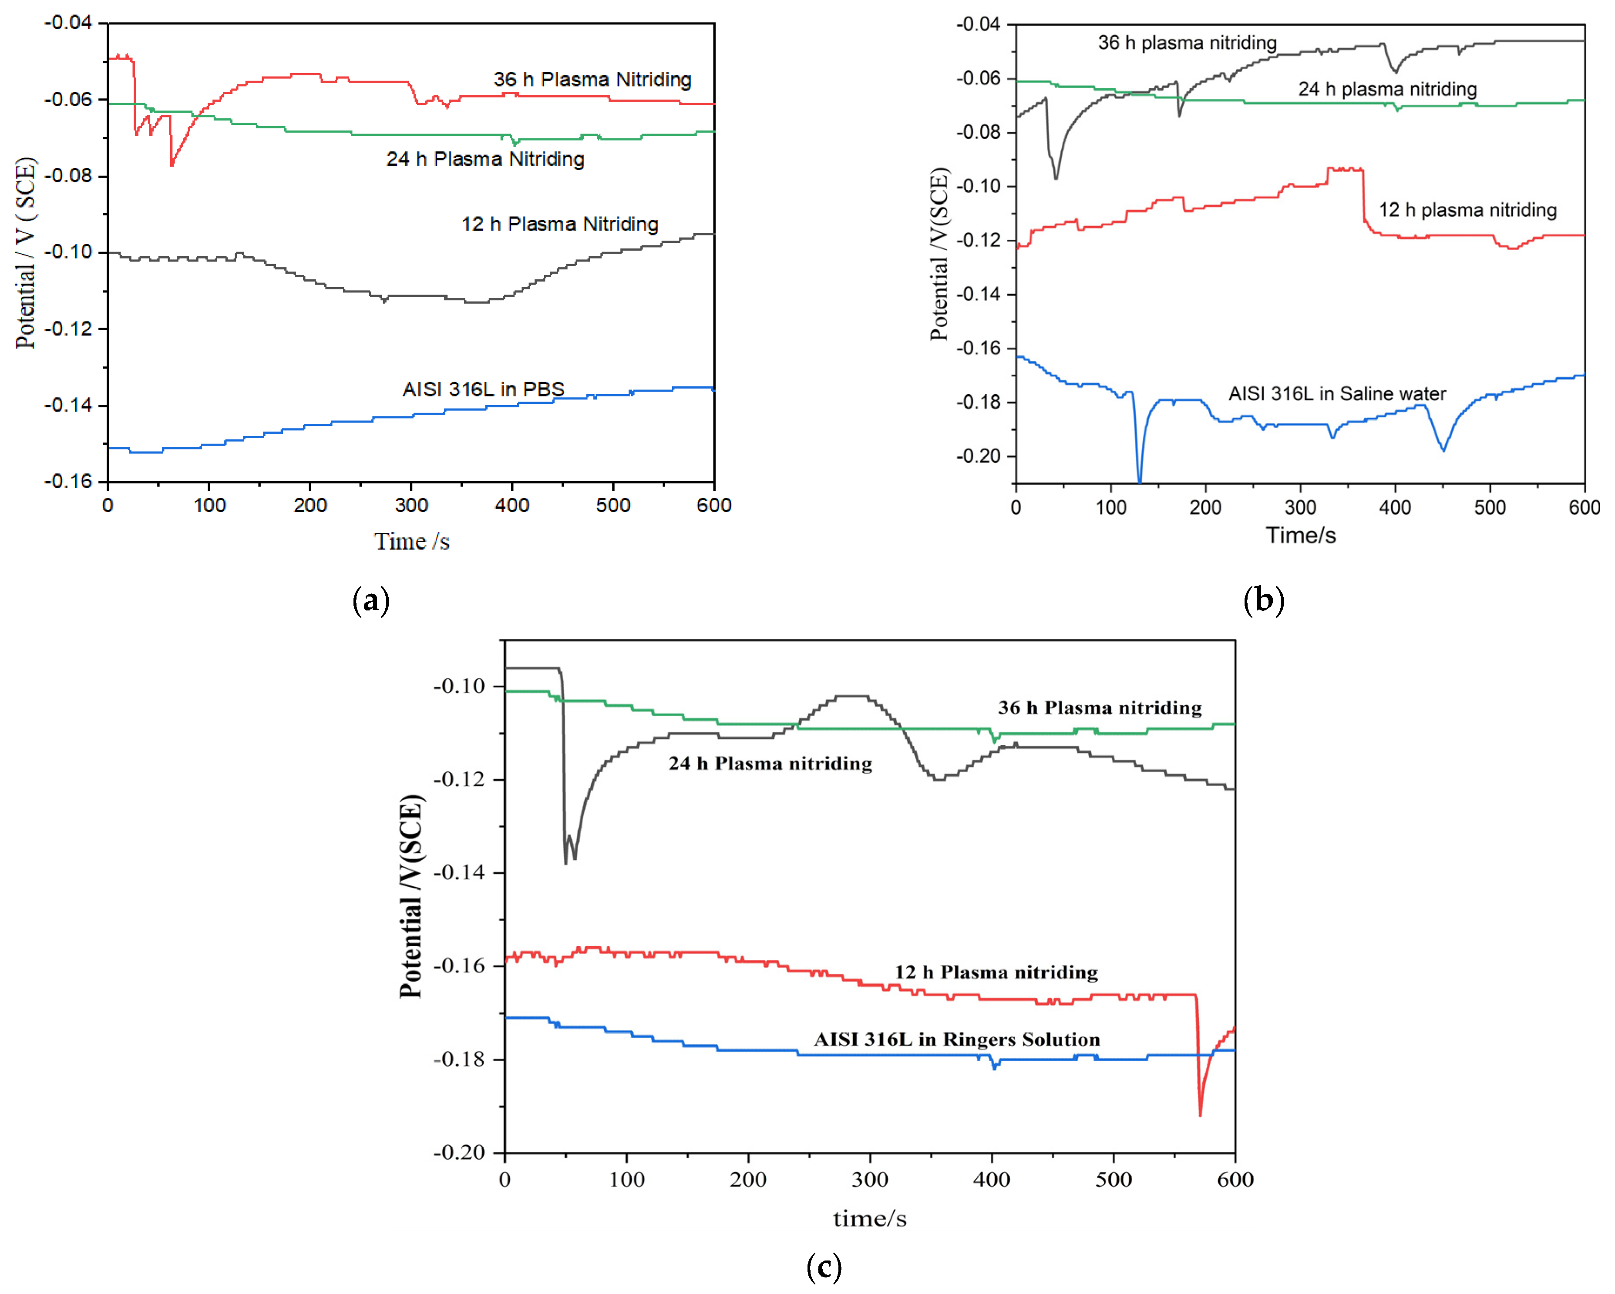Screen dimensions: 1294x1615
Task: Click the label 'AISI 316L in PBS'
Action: (x=483, y=389)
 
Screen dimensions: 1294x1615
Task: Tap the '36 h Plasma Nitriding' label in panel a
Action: (x=592, y=79)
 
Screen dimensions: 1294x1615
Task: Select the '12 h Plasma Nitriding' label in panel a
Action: (x=559, y=224)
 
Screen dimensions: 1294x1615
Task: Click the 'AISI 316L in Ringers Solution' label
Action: (x=956, y=1039)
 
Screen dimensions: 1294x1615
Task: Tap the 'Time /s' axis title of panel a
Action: (x=411, y=541)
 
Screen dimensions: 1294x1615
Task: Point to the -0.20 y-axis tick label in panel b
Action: (x=978, y=456)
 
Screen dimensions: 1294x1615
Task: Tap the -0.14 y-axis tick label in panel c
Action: (x=458, y=872)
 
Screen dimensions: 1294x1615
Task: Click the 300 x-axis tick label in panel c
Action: (x=870, y=1180)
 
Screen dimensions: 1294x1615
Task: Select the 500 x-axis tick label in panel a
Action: (x=613, y=506)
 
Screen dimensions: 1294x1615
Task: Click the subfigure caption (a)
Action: (x=371, y=600)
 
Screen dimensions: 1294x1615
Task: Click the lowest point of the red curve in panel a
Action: (x=172, y=165)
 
